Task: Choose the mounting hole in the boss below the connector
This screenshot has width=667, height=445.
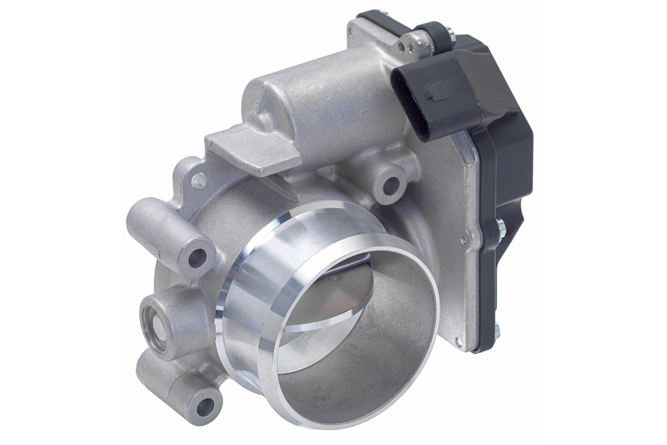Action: [x=391, y=186]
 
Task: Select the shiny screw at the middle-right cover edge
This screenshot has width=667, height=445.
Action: [x=500, y=226]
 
